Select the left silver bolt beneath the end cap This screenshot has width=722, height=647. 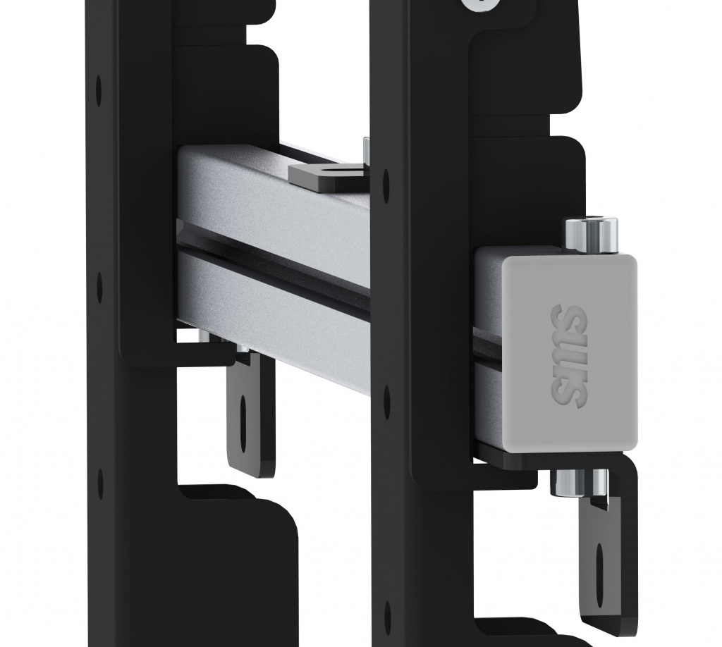click(x=569, y=482)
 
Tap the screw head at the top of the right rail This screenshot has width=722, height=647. click(x=479, y=5)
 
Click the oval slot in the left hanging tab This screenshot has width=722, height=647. click(x=243, y=421)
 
